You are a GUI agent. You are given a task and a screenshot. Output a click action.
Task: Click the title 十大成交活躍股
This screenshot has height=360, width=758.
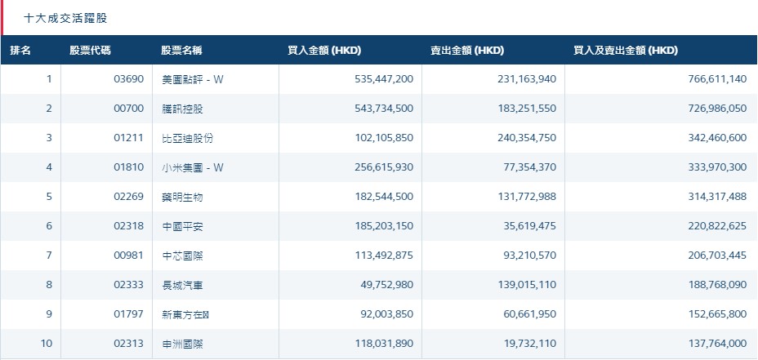pyautogui.click(x=65, y=18)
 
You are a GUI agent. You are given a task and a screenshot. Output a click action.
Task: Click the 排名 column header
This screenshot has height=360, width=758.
pyautogui.click(x=20, y=51)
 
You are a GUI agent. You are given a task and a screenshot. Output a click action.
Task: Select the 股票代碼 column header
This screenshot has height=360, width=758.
pyautogui.click(x=90, y=51)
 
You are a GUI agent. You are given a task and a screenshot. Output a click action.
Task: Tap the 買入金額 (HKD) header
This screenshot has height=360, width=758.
pyautogui.click(x=324, y=51)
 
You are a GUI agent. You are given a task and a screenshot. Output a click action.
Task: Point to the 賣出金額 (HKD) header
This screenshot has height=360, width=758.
pyautogui.click(x=467, y=51)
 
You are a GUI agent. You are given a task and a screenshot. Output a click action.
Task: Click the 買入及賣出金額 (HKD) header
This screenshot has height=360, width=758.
pyautogui.click(x=626, y=51)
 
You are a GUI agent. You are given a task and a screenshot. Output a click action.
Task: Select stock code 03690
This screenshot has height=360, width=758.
pyautogui.click(x=129, y=79)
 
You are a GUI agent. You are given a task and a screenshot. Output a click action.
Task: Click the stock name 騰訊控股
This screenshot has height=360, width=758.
pyautogui.click(x=183, y=109)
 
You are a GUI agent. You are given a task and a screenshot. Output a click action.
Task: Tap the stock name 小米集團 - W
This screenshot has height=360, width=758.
pyautogui.click(x=193, y=167)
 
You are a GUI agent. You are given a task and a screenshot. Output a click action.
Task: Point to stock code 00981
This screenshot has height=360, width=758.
pyautogui.click(x=129, y=256)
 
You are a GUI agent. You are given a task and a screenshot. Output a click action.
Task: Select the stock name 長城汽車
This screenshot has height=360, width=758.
pyautogui.click(x=183, y=285)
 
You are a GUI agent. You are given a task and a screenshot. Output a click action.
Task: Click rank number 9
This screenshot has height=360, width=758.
pyautogui.click(x=49, y=314)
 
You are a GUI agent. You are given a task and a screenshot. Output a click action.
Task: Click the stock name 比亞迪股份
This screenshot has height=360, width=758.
pyautogui.click(x=188, y=138)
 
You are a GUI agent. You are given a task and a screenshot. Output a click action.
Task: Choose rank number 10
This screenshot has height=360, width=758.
pyautogui.click(x=47, y=344)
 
